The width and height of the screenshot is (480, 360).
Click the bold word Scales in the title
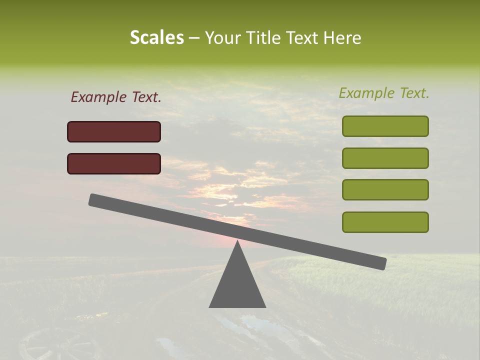click(157, 37)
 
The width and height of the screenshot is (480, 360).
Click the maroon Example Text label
click(116, 97)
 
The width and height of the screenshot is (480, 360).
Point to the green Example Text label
click(384, 93)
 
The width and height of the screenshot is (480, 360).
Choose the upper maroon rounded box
click(114, 131)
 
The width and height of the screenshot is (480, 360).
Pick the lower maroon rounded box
click(114, 163)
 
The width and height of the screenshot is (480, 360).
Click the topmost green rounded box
click(385, 126)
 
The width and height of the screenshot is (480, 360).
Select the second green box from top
click(385, 158)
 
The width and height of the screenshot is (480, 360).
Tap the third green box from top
click(385, 189)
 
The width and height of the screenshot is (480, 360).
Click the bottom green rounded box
click(385, 222)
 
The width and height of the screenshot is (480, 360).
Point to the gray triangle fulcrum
click(237, 282)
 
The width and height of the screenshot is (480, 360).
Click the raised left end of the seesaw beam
click(95, 200)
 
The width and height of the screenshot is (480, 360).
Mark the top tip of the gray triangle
click(237, 242)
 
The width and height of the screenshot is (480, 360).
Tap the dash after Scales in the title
click(194, 38)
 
